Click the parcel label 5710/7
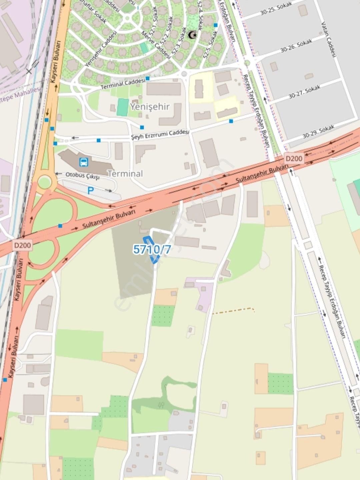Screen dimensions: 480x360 (x=152, y=249)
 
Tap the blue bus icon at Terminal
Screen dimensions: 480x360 (x=84, y=162)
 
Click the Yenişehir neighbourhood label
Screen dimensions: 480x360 (x=150, y=107)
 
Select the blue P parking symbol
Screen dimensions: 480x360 (x=90, y=191)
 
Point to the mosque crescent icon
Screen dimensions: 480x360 (x=192, y=35)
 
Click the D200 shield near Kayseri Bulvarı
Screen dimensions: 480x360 (x=23, y=245)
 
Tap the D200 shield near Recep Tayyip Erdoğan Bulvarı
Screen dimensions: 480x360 (x=294, y=158)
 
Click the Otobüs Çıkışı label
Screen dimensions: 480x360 (x=82, y=176)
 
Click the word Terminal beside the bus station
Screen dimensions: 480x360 (x=125, y=173)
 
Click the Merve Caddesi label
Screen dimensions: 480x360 (x=156, y=45)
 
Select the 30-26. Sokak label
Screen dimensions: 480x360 (x=296, y=46)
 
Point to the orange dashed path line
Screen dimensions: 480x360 (x=233, y=310)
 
